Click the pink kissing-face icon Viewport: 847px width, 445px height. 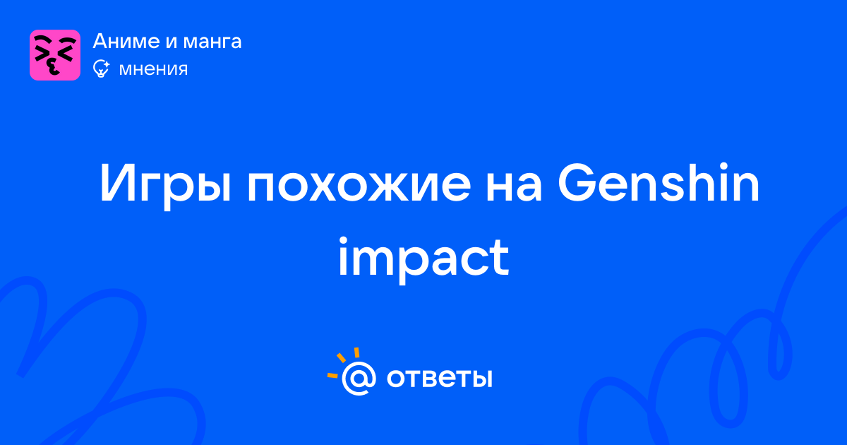pos(55,55)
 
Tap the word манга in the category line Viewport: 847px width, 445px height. pos(212,42)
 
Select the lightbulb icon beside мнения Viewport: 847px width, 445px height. pos(102,69)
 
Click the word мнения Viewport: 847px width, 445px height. pos(153,70)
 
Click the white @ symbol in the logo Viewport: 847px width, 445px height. pos(359,378)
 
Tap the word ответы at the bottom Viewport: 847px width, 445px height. pos(439,378)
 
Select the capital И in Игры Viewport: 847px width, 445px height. pos(117,183)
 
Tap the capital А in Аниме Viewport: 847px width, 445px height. pos(102,41)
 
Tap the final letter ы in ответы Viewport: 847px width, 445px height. pos(482,379)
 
